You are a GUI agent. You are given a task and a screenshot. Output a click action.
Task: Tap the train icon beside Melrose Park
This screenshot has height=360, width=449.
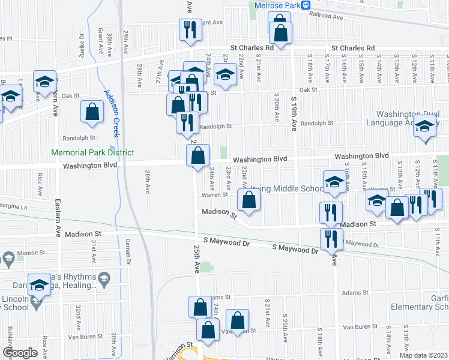(x=306, y=5)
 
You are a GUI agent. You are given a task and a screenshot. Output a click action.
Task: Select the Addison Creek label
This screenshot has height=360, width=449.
(x=111, y=112)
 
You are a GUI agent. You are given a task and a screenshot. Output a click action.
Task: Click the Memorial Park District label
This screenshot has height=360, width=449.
(x=92, y=153)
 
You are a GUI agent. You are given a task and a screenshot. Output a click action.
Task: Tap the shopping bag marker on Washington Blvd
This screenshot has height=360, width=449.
(x=198, y=157)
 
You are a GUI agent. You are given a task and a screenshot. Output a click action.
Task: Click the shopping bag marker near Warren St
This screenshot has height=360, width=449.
(x=248, y=200)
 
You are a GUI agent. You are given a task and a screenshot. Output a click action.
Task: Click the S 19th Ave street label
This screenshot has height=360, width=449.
(x=294, y=115)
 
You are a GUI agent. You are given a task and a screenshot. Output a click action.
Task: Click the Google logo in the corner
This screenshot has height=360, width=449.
(x=20, y=353)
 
